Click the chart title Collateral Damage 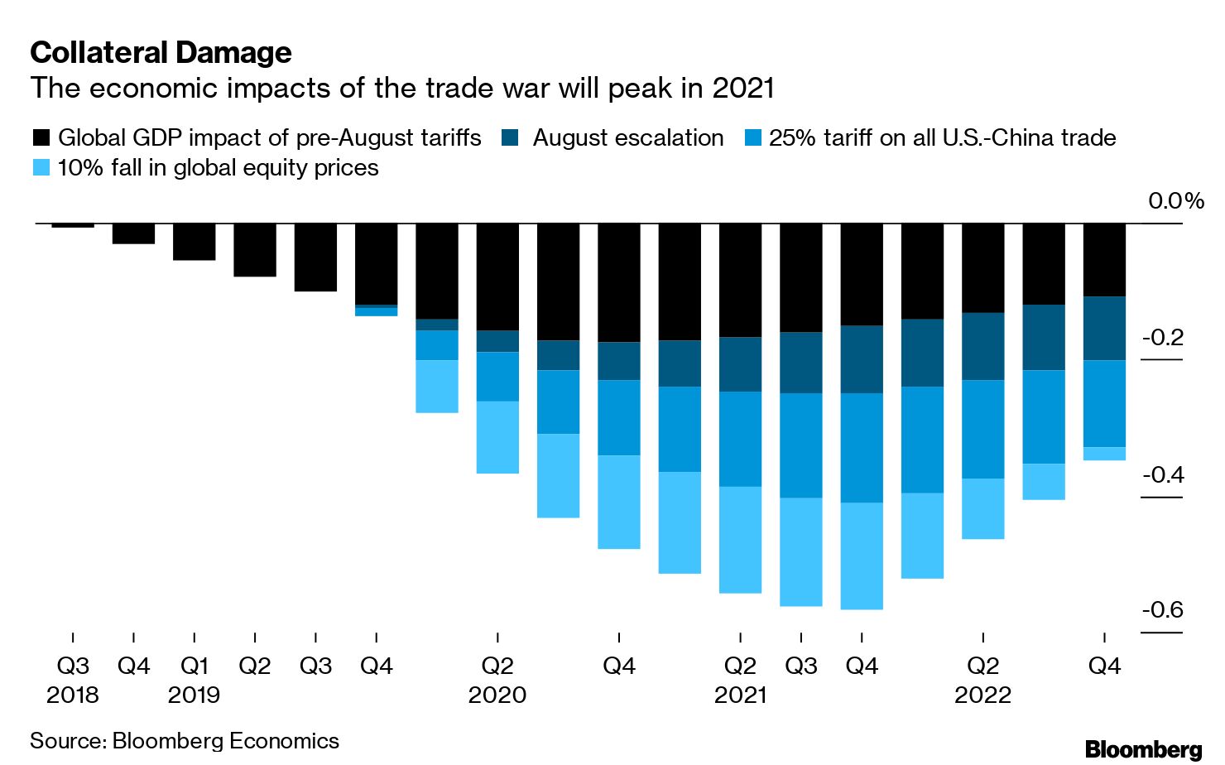[x=161, y=53]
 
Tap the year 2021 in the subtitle [x=742, y=88]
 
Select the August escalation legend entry [x=627, y=137]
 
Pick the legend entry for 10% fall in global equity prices [x=218, y=167]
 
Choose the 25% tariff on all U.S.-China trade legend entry [x=942, y=137]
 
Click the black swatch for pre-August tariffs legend [x=41, y=137]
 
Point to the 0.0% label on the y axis [x=1175, y=201]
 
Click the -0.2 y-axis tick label [x=1162, y=338]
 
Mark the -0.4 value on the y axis [x=1162, y=474]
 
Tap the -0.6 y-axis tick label [x=1162, y=610]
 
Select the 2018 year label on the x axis [x=73, y=695]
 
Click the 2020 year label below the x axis [x=497, y=695]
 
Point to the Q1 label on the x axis [x=195, y=666]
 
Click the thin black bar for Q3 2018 [x=73, y=225]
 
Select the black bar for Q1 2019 [x=195, y=242]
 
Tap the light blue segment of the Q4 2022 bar [x=1104, y=454]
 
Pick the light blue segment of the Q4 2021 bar [x=862, y=556]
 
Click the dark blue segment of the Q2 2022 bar [x=983, y=346]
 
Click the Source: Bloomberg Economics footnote [x=185, y=740]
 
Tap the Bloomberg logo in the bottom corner [x=1143, y=748]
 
